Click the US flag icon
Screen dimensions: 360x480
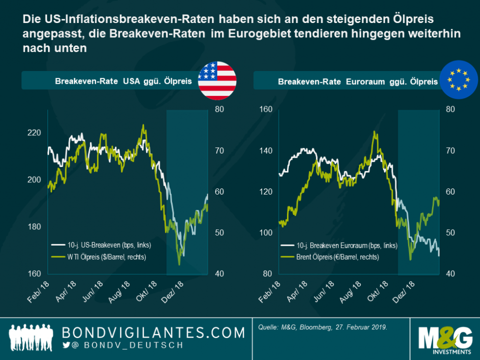[x=217, y=81]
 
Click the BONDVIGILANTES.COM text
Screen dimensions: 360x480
[x=153, y=333]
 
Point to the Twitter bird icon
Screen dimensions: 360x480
[x=66, y=345]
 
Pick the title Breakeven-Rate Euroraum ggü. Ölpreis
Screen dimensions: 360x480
[x=357, y=82]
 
